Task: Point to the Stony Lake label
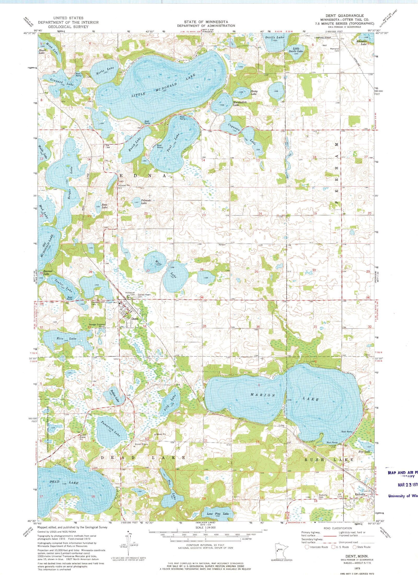pyautogui.click(x=254, y=93)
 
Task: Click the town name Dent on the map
pyautogui.click(x=135, y=319)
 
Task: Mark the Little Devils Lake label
pyautogui.click(x=298, y=50)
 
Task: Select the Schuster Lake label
pyautogui.click(x=363, y=43)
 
